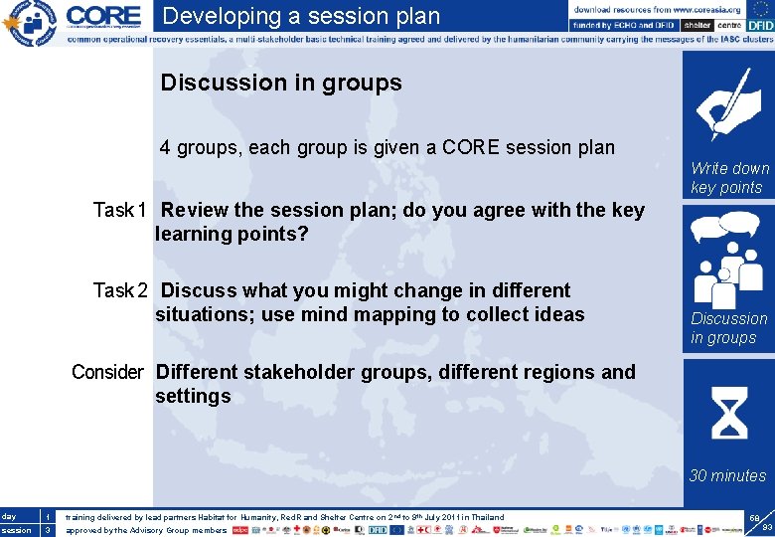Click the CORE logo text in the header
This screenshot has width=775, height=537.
coord(103,17)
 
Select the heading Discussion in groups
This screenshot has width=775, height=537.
coord(281,83)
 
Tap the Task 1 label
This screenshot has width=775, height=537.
coord(120,210)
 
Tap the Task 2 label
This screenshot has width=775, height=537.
coord(120,290)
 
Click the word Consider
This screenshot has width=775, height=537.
coord(107,372)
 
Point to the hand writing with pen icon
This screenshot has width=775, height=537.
coord(727,104)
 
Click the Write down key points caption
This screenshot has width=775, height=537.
coord(729,178)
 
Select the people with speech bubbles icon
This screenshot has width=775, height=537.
coord(727,259)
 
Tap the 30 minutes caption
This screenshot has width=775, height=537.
coord(727,475)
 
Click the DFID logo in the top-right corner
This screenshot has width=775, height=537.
coord(756,28)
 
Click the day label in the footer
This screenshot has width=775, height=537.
coord(9,517)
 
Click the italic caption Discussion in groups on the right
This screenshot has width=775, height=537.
coord(728,328)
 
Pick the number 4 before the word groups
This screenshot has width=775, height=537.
coord(166,147)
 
